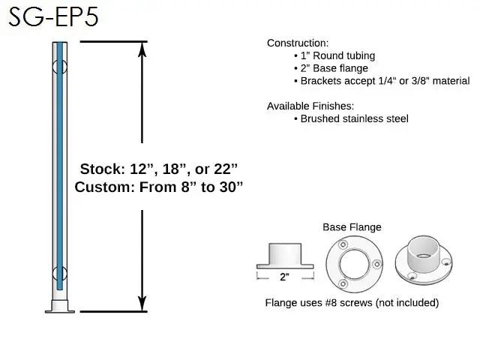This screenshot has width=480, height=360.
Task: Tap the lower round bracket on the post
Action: point(59,272)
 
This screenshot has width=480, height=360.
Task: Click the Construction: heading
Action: point(298,43)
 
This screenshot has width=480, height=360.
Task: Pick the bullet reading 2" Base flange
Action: point(333,68)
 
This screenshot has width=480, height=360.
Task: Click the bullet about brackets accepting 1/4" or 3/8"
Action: point(381,81)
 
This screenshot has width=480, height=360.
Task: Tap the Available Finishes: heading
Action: point(310,106)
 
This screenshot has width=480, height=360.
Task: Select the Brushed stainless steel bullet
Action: point(350,118)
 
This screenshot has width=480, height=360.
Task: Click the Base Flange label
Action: point(352,227)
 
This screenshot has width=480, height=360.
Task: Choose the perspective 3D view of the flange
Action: point(424,262)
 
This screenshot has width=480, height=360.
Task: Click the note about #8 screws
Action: point(352,303)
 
